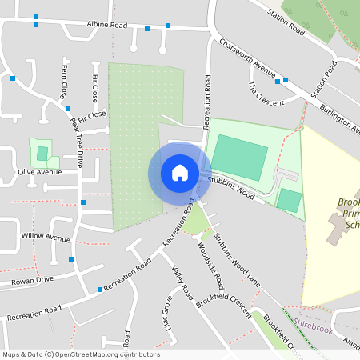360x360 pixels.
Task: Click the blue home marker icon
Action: tap(180, 173)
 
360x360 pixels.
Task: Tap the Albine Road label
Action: tap(107, 26)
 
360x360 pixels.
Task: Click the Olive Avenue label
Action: tap(39, 172)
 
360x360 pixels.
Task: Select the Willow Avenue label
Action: tap(46, 238)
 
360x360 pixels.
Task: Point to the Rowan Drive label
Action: tap(33, 279)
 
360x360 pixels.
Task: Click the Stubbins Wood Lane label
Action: tap(238, 258)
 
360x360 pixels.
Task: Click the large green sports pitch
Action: tap(238, 158)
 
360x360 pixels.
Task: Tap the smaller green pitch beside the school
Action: tap(290, 200)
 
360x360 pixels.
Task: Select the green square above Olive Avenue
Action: tap(42, 153)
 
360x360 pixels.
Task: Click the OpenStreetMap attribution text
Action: tap(81, 354)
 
